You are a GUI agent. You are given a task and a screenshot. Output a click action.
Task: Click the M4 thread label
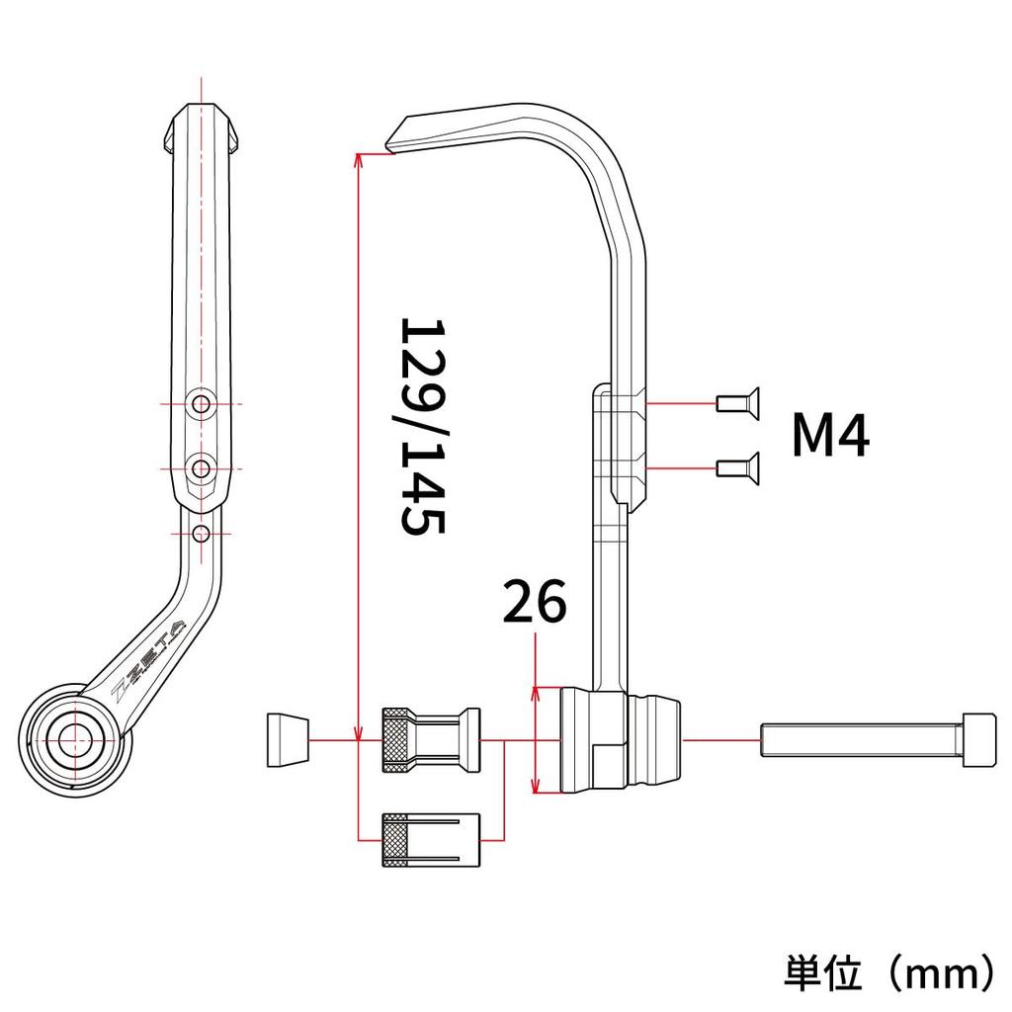(830, 436)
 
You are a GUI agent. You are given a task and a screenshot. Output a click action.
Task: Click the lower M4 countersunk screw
(737, 465)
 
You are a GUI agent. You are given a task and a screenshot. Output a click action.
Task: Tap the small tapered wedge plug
(287, 740)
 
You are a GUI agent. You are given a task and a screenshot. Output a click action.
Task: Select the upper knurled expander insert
(431, 740)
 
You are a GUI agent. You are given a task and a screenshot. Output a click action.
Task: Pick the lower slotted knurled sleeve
(431, 840)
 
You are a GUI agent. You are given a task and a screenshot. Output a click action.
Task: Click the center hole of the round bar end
(75, 736)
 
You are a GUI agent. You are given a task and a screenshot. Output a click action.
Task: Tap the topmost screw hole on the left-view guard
(202, 403)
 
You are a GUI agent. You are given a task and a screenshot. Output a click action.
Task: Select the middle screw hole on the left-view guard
(202, 465)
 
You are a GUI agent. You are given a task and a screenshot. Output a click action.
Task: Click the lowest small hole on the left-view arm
(202, 533)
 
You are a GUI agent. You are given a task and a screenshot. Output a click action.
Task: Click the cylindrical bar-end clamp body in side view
(620, 740)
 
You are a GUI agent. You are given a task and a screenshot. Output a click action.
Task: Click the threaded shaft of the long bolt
(860, 740)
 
